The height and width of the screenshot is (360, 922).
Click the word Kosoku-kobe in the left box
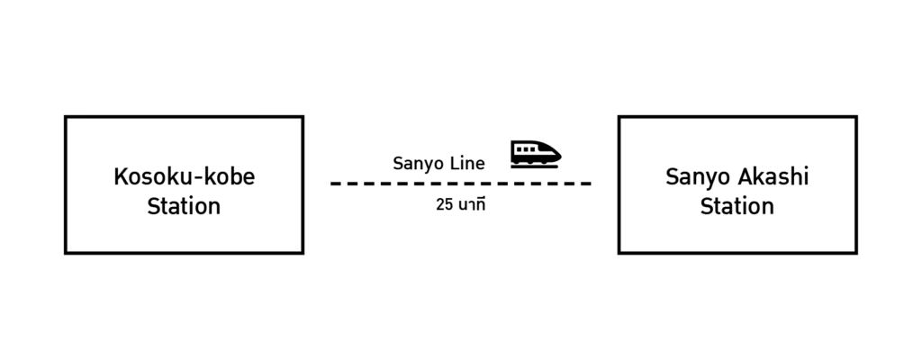pyautogui.click(x=184, y=177)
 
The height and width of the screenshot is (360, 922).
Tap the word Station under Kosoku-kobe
pyautogui.click(x=184, y=206)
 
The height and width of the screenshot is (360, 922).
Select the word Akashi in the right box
pyautogui.click(x=777, y=177)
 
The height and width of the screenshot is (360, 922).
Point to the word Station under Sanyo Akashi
pyautogui.click(x=737, y=206)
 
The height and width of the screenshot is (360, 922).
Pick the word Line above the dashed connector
pyautogui.click(x=468, y=164)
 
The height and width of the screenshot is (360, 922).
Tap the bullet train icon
pyautogui.click(x=535, y=154)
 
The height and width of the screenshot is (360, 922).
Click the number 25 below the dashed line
pyautogui.click(x=444, y=204)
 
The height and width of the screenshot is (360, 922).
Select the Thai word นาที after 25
pyautogui.click(x=471, y=204)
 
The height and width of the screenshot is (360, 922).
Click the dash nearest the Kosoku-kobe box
pyautogui.click(x=335, y=184)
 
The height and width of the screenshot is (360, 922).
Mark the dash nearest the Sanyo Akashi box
pyautogui.click(x=585, y=184)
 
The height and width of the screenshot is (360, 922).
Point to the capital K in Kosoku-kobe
pyautogui.click(x=120, y=177)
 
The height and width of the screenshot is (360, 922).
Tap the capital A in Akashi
pyautogui.click(x=751, y=177)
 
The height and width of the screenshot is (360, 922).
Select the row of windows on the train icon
pyautogui.click(x=527, y=148)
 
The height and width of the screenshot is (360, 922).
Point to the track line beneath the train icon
pyautogui.click(x=535, y=166)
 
